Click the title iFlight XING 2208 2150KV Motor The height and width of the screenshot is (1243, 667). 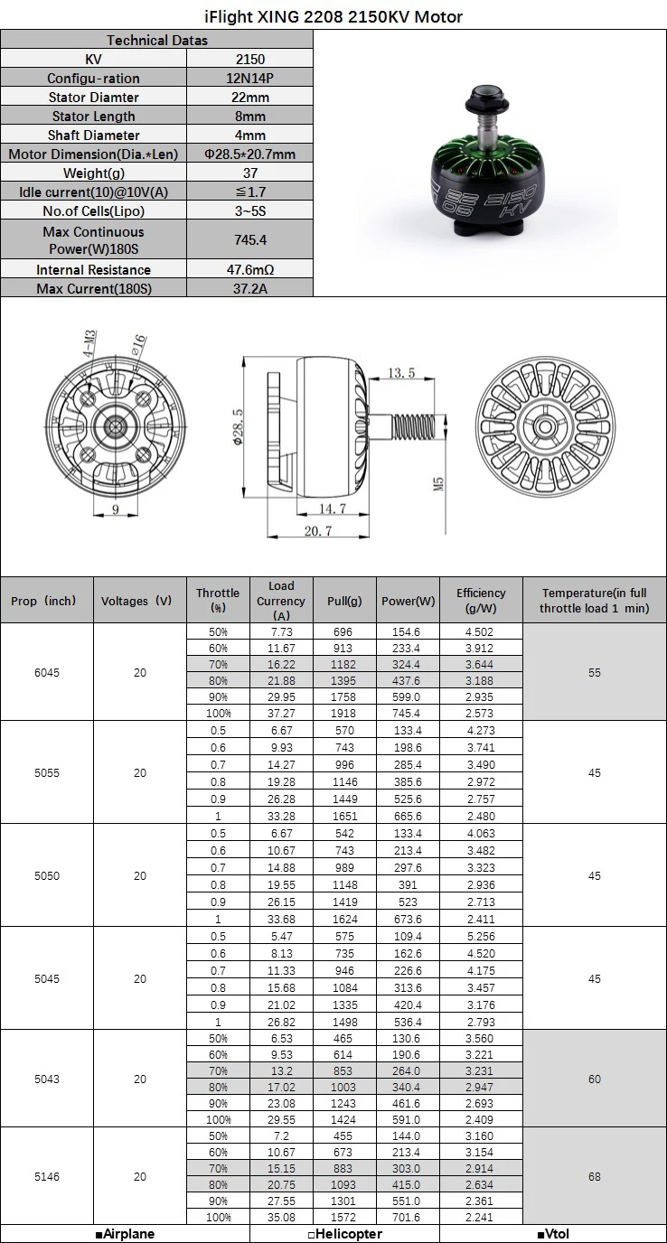pyautogui.click(x=333, y=16)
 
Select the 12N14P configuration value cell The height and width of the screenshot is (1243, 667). pyautogui.click(x=250, y=78)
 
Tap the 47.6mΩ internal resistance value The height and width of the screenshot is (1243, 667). pyautogui.click(x=250, y=270)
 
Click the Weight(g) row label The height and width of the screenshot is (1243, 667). pyautogui.click(x=93, y=173)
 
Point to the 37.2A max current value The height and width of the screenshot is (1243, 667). pyautogui.click(x=250, y=288)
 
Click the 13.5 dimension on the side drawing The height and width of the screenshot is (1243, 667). pyautogui.click(x=401, y=373)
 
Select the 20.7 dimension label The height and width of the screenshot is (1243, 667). pyautogui.click(x=318, y=531)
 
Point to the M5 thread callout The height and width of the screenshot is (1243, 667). pyautogui.click(x=438, y=484)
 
